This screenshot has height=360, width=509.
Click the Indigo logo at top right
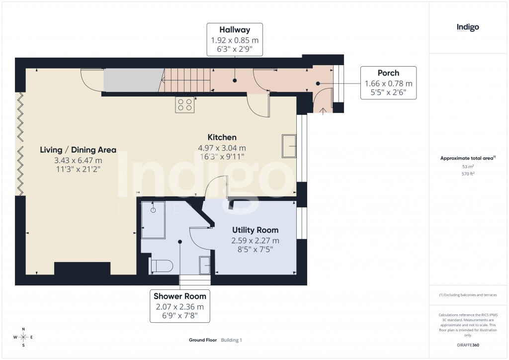468,27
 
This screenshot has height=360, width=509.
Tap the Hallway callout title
235,30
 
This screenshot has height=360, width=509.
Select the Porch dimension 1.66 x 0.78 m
388,84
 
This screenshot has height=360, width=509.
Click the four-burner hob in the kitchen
185,104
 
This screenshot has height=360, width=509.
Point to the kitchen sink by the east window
289,146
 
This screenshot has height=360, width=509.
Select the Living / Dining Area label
78,150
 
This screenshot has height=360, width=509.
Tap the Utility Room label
255,230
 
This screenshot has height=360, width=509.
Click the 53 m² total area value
468,167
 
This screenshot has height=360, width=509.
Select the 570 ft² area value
468,174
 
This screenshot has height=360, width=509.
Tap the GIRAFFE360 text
468,345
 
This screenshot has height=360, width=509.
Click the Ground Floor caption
203,340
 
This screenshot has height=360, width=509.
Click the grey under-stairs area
132,80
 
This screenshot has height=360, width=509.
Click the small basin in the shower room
204,265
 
